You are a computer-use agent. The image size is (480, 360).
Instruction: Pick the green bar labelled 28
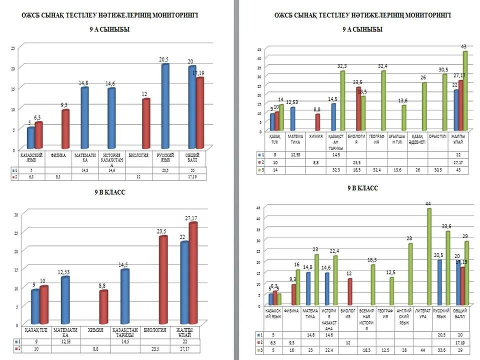coord(410,274)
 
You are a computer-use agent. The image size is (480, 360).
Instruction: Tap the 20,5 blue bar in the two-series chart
coord(165,107)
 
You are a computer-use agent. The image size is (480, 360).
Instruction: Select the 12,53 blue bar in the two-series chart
coord(65,300)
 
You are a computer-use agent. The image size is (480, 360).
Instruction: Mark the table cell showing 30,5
coord(438,170)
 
